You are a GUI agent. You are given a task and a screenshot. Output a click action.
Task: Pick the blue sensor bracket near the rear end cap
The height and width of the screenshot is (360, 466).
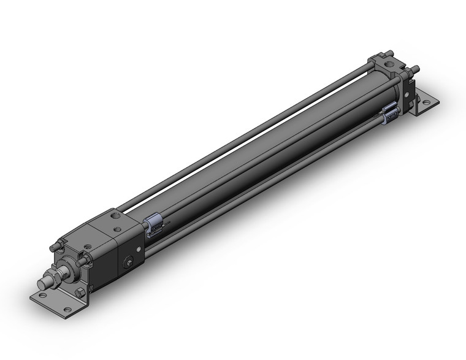tap(390, 113)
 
